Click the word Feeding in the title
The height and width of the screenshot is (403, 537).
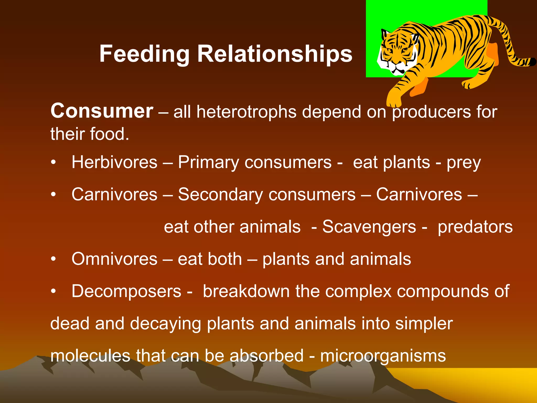pyautogui.click(x=144, y=54)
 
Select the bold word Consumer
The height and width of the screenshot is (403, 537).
pyautogui.click(x=102, y=111)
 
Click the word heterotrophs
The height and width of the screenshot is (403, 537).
pyautogui.click(x=246, y=112)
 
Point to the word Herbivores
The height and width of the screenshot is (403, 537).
pyautogui.click(x=114, y=162)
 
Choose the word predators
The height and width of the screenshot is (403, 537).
pyautogui.click(x=475, y=227)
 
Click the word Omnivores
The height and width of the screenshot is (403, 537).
pyautogui.click(x=114, y=259)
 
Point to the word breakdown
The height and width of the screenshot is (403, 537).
pyautogui.click(x=246, y=291)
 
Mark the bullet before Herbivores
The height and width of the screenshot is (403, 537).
pyautogui.click(x=53, y=163)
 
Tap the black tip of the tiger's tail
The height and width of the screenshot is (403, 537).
pyautogui.click(x=532, y=62)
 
